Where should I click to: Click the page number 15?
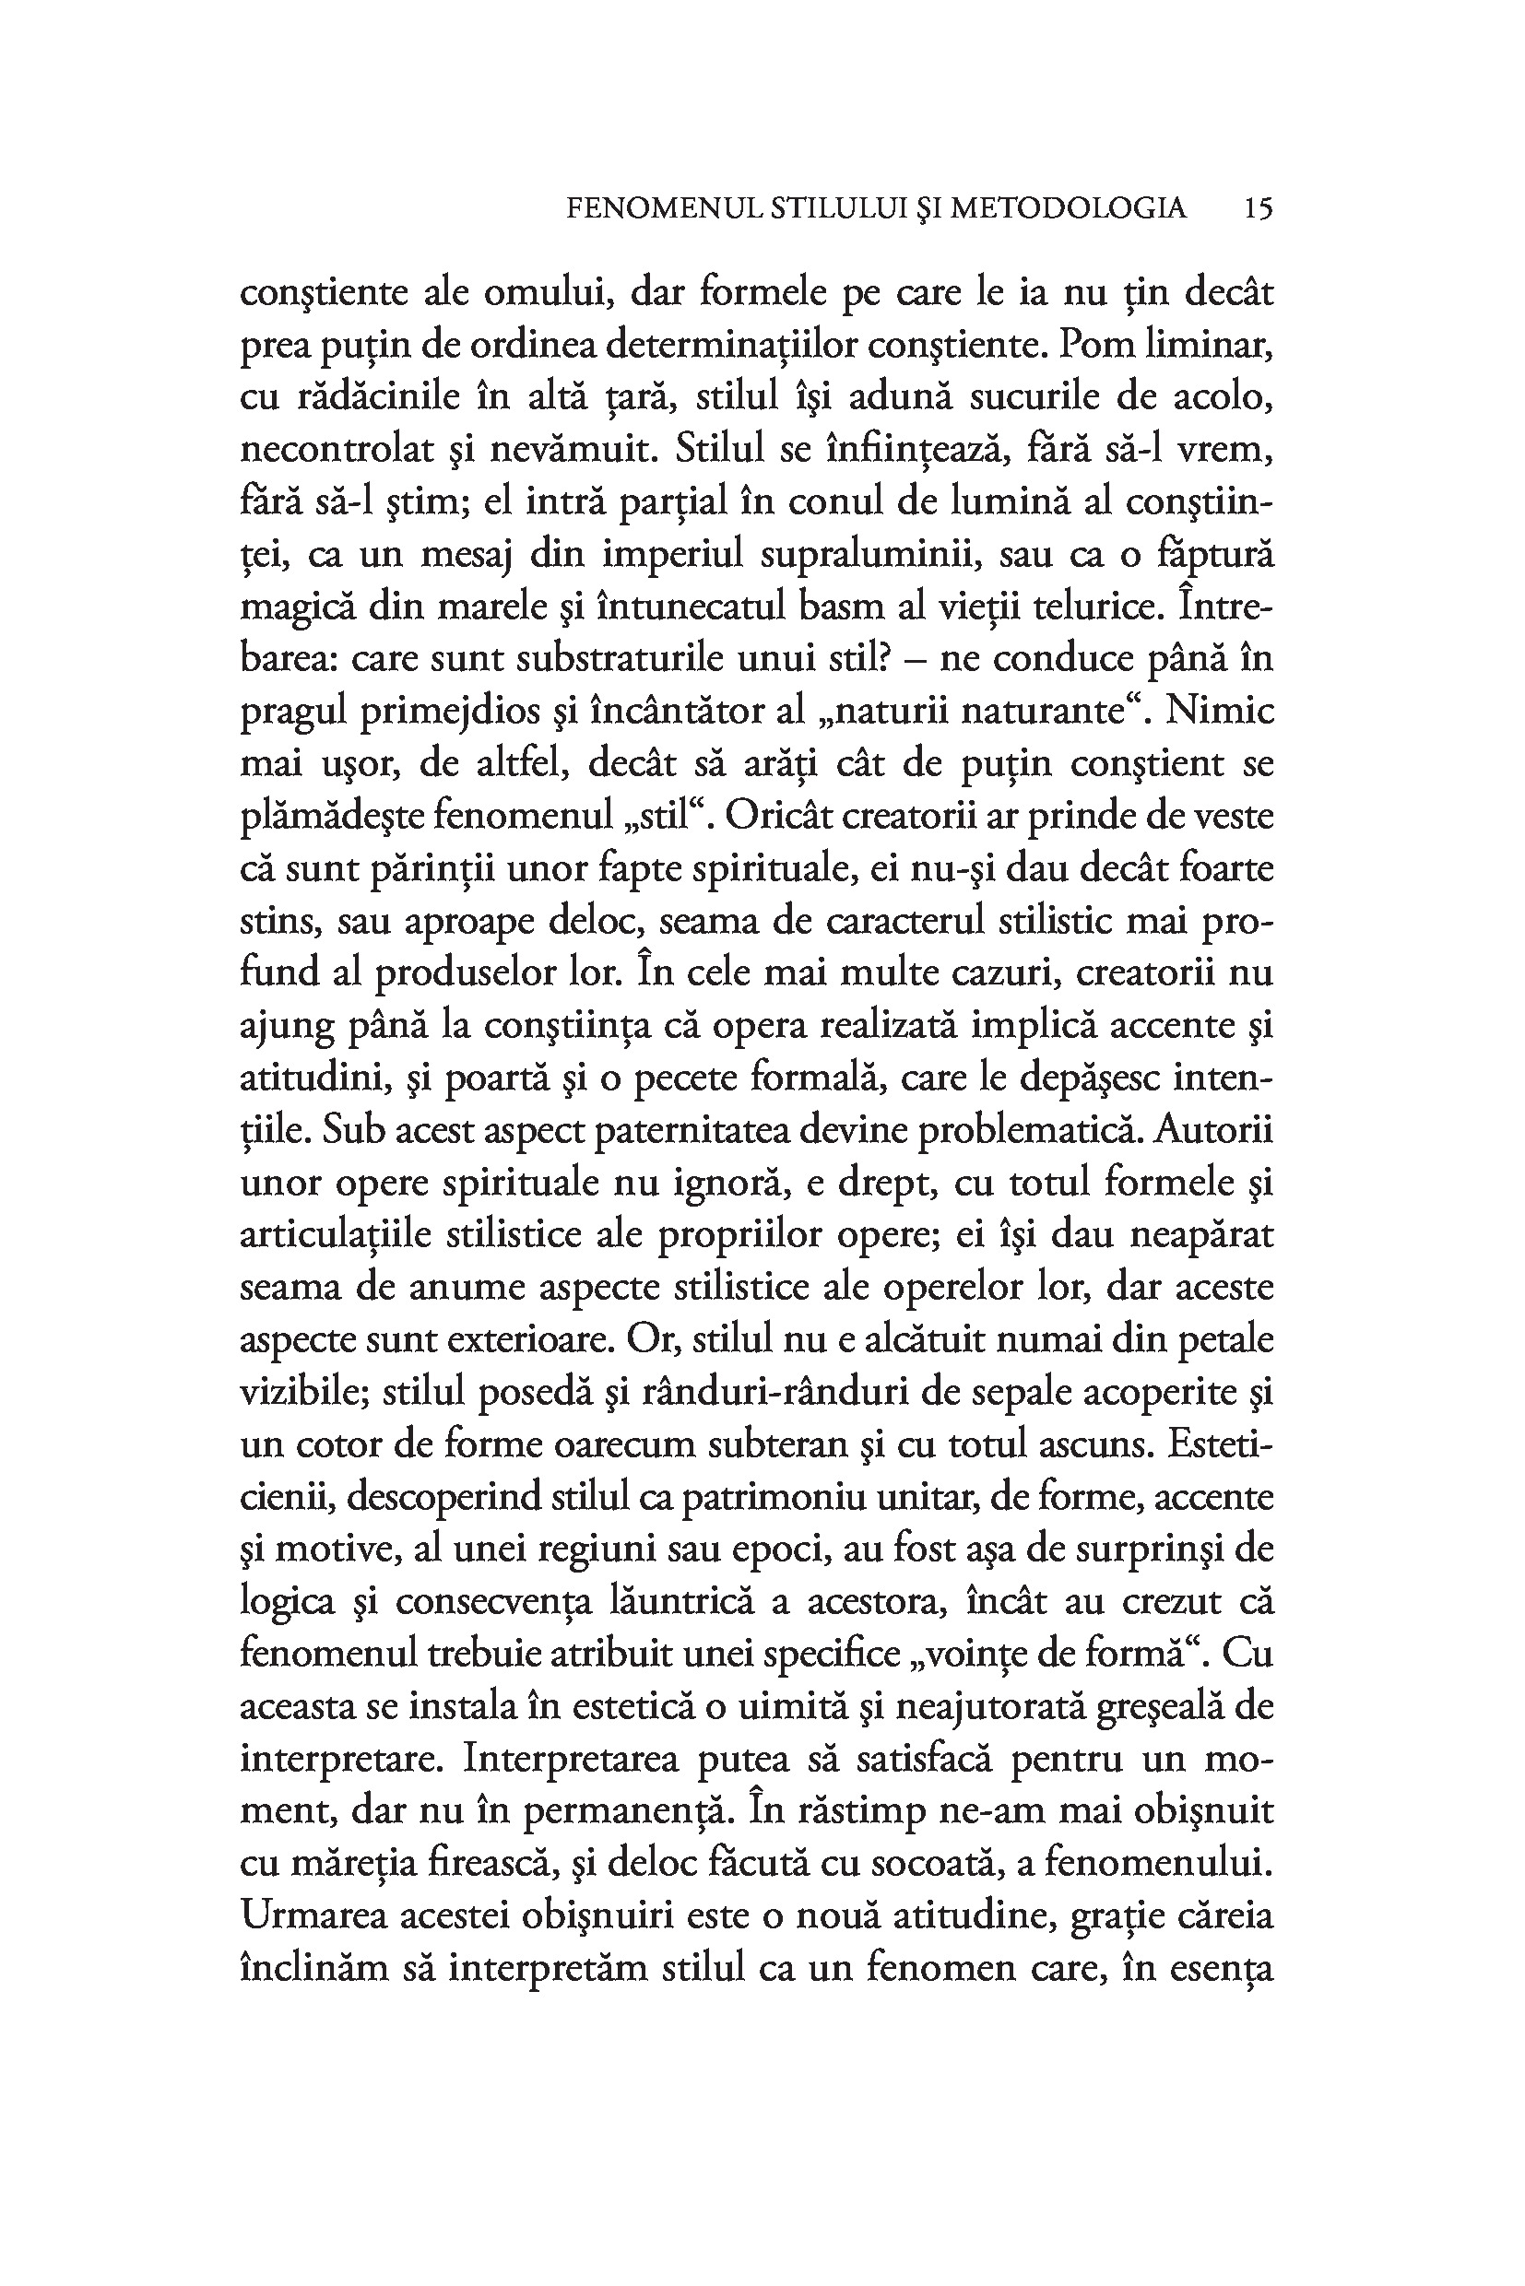1258,208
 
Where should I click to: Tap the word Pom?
1094,345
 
